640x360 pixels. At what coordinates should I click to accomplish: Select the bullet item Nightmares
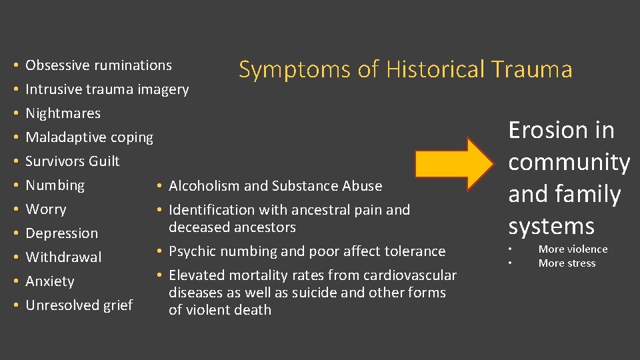pyautogui.click(x=63, y=113)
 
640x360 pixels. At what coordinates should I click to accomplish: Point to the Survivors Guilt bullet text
pyautogui.click(x=72, y=161)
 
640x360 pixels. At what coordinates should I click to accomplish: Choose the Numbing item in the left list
pyautogui.click(x=55, y=185)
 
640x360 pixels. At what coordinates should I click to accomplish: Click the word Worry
pyautogui.click(x=45, y=209)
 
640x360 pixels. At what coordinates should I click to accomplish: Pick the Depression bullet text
pyautogui.click(x=61, y=233)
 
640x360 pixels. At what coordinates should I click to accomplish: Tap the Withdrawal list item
pyautogui.click(x=63, y=257)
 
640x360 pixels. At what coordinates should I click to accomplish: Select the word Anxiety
pyautogui.click(x=50, y=281)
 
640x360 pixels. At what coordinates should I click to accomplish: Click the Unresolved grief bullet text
pyautogui.click(x=79, y=305)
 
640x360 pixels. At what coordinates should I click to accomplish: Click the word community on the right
pyautogui.click(x=569, y=162)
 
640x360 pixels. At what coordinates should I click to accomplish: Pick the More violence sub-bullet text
pyautogui.click(x=573, y=249)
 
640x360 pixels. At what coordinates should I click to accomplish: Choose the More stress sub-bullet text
pyautogui.click(x=567, y=263)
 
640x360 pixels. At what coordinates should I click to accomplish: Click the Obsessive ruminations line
pyautogui.click(x=98, y=65)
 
